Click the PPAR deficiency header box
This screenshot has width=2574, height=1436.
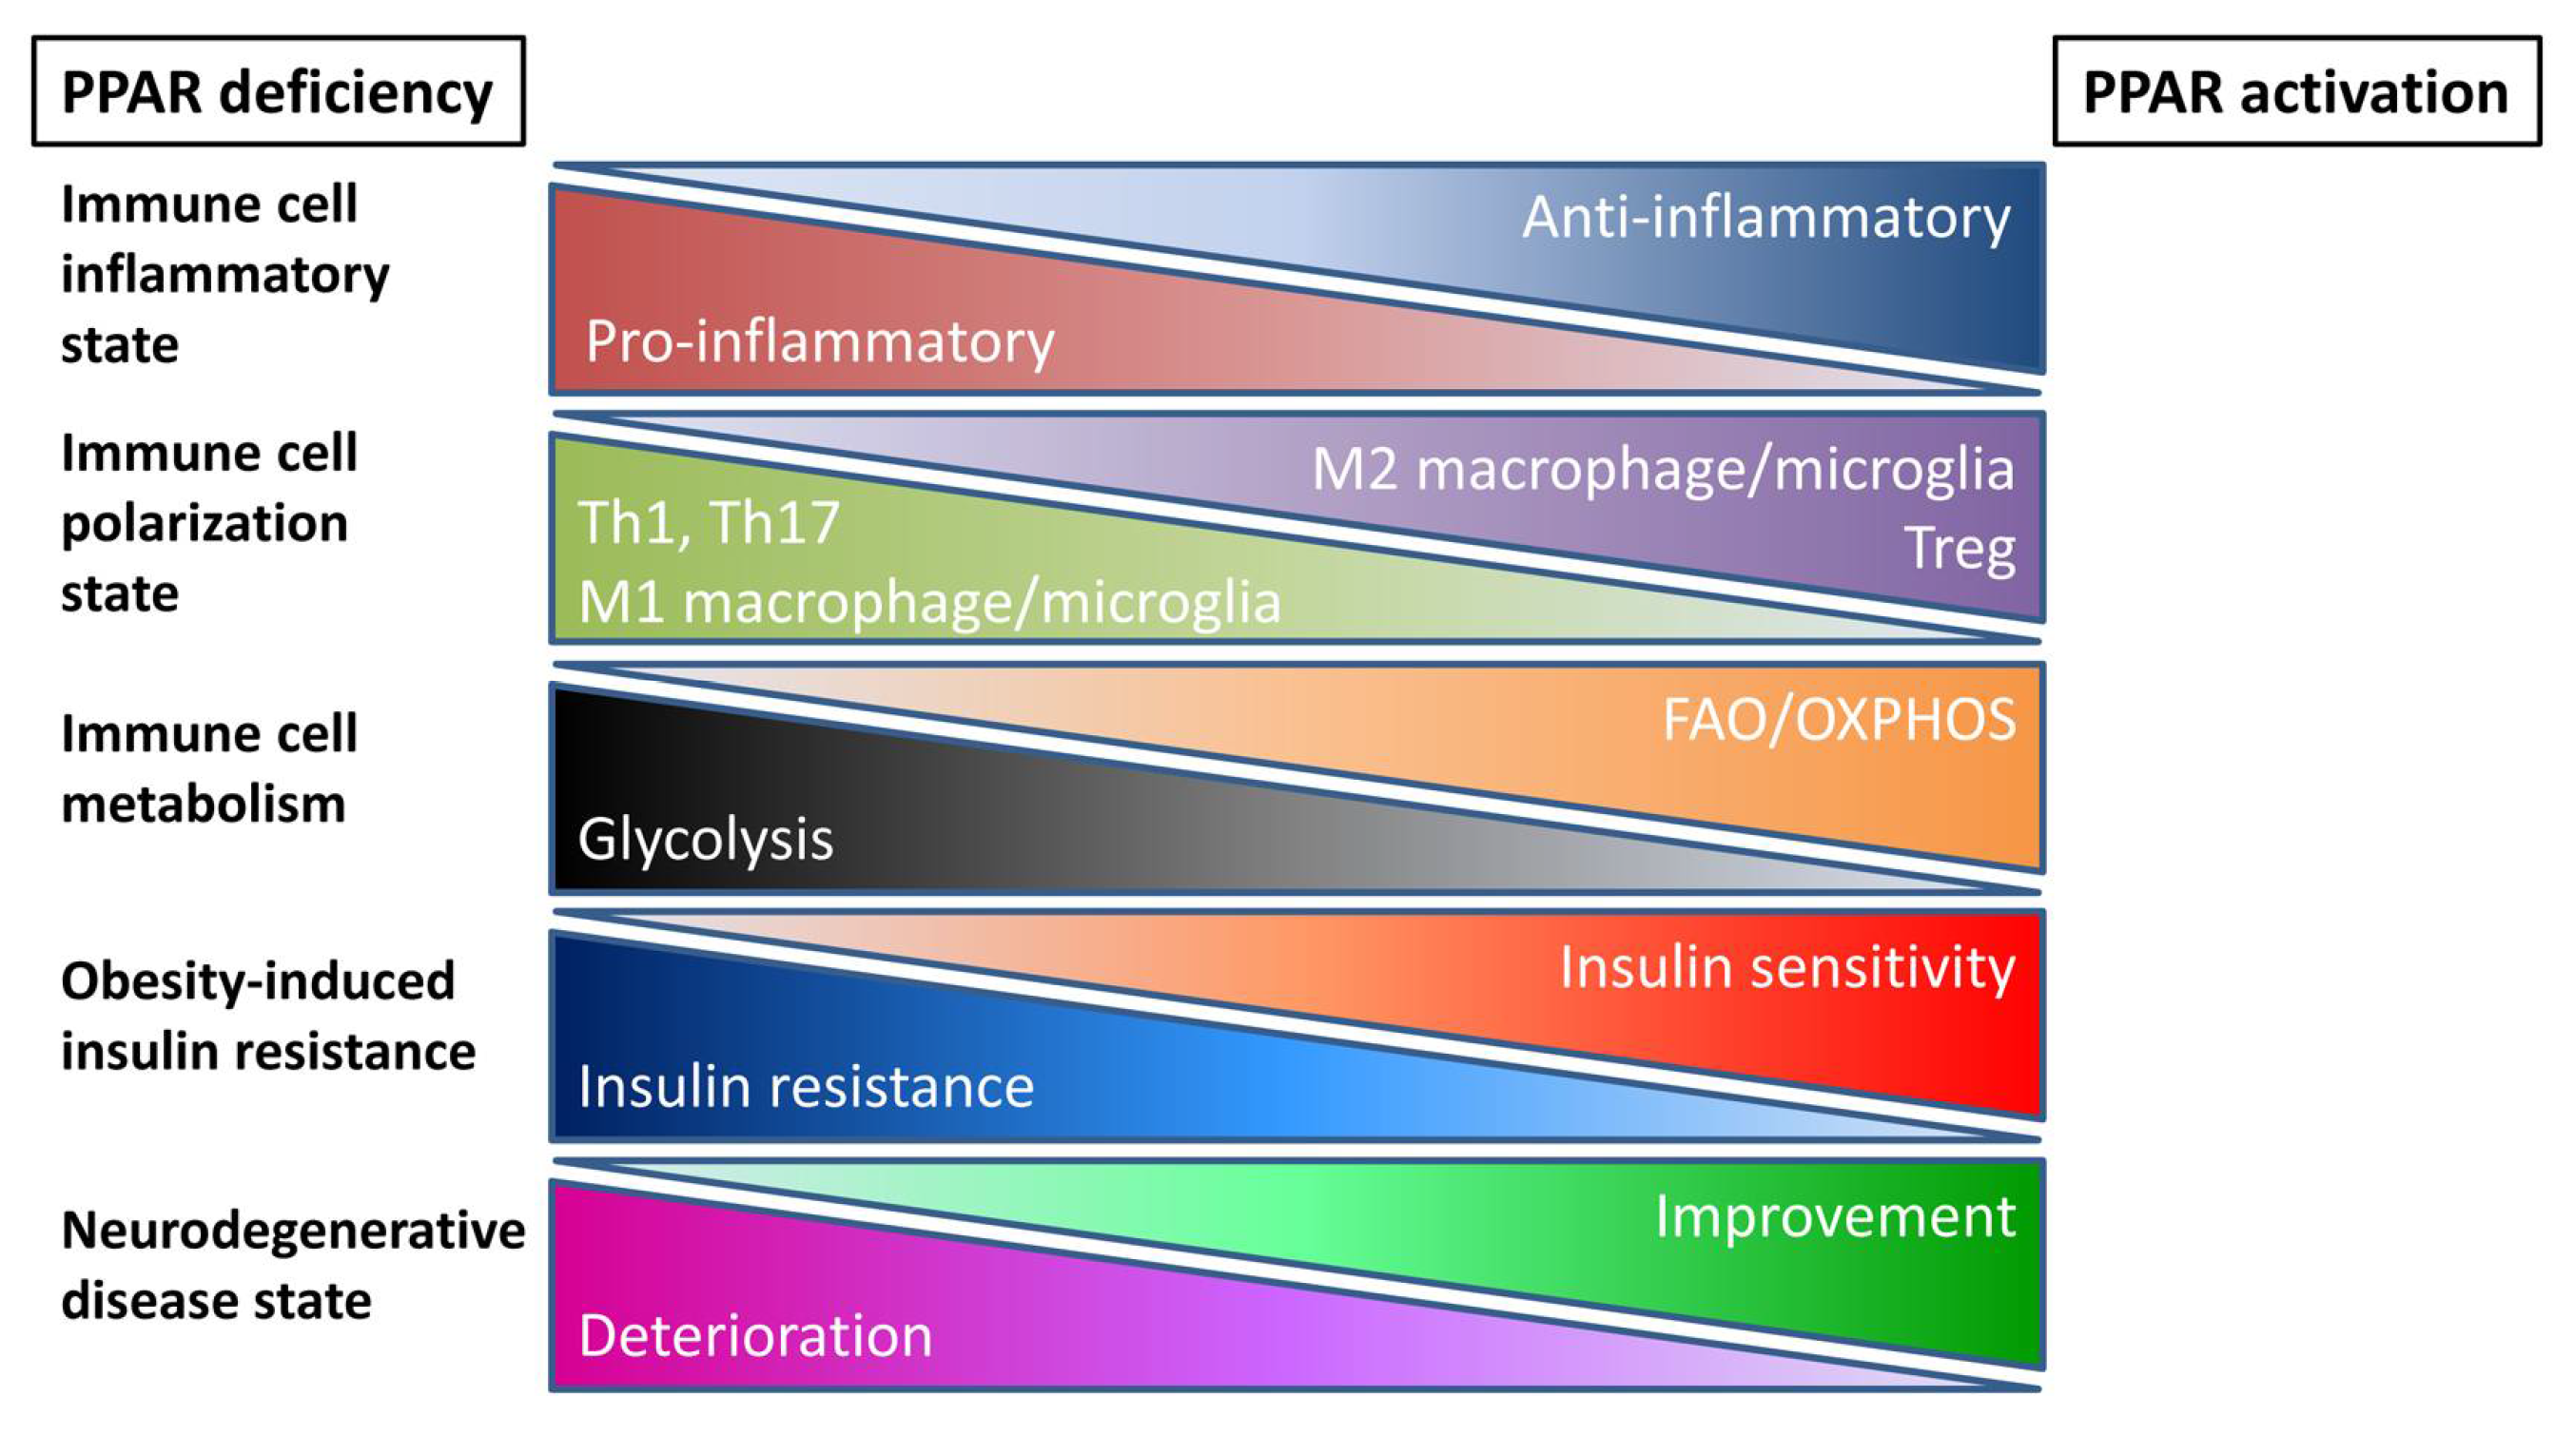tap(278, 92)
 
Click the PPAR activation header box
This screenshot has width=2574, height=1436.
tap(2295, 92)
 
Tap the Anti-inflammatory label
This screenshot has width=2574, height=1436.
tap(1765, 218)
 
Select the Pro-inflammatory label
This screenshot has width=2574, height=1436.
tap(819, 341)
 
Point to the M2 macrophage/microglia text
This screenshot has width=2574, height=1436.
tap(1663, 470)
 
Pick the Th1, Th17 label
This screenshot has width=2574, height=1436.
tap(709, 523)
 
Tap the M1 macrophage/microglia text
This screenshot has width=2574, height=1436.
tap(929, 603)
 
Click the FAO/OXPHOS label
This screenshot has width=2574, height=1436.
tap(1839, 721)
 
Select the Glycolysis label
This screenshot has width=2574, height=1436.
tap(706, 839)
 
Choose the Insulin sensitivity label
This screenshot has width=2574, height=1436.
tap(1787, 968)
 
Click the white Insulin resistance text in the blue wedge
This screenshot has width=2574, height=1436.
tap(806, 1086)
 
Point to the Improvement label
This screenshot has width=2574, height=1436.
tap(1835, 1217)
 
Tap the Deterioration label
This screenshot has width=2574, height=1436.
tap(755, 1335)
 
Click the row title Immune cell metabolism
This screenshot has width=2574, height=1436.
tap(207, 768)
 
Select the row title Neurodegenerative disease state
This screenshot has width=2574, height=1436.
tap(292, 1265)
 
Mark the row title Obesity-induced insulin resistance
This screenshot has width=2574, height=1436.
tap(268, 1017)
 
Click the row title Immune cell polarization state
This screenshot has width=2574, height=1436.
tap(207, 523)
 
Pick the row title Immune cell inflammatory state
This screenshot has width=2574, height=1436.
tap(224, 274)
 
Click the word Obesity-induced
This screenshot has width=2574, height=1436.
tap(258, 980)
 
